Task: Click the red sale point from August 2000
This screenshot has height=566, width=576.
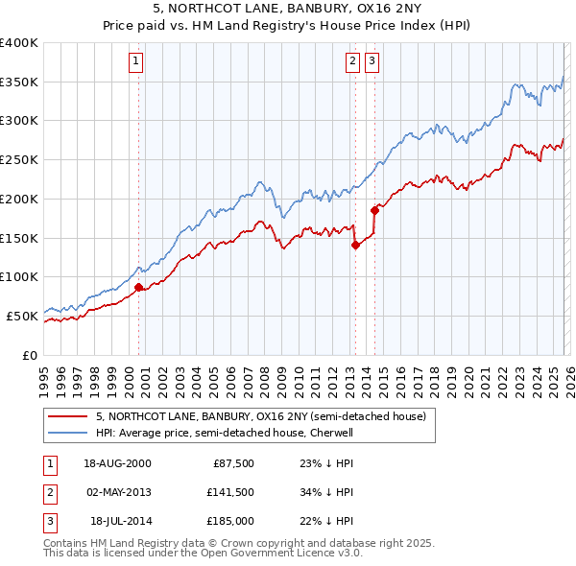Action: point(138,286)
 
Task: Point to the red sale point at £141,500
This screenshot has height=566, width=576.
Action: point(354,245)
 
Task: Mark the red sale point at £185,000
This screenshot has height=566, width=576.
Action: point(374,210)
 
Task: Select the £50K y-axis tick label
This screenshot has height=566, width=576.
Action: point(22,315)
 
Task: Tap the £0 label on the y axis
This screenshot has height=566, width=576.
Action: point(31,354)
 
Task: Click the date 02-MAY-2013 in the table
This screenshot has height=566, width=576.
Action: point(118,492)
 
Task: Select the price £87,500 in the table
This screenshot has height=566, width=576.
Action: point(230,463)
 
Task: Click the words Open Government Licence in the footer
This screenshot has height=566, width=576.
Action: point(288,554)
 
